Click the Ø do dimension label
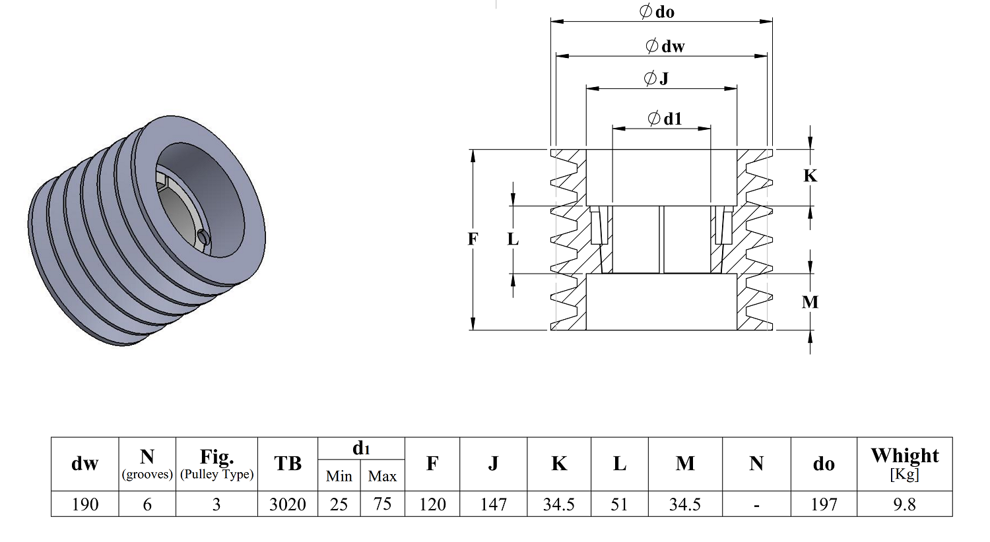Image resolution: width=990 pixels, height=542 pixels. point(657,11)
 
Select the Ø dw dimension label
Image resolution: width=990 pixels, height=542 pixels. point(665,46)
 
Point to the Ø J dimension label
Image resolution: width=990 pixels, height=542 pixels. point(656,78)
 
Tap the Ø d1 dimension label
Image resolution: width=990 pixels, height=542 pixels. point(665,118)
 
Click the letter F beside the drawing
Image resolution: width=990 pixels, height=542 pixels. point(473,239)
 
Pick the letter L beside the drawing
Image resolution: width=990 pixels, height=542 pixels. point(513,239)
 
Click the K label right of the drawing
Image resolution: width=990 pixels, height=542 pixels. point(810,175)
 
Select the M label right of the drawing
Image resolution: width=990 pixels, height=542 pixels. point(810,302)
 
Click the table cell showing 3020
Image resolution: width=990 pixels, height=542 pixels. point(288,504)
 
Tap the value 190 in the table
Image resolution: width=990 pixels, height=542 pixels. point(85,504)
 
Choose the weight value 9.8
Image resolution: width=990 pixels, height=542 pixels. point(904,504)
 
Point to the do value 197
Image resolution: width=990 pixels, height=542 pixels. point(824,504)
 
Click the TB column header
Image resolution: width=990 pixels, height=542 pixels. point(288,464)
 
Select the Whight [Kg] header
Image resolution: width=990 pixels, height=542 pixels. point(905,464)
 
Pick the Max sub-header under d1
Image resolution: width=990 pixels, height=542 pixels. point(382,476)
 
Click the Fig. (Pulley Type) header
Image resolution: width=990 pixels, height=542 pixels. point(216,464)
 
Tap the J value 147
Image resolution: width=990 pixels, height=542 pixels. point(493,504)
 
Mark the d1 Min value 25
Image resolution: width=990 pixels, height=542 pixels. point(339,504)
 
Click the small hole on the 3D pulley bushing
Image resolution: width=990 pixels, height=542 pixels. point(203,237)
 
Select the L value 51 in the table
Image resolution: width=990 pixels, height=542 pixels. point(619,504)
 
